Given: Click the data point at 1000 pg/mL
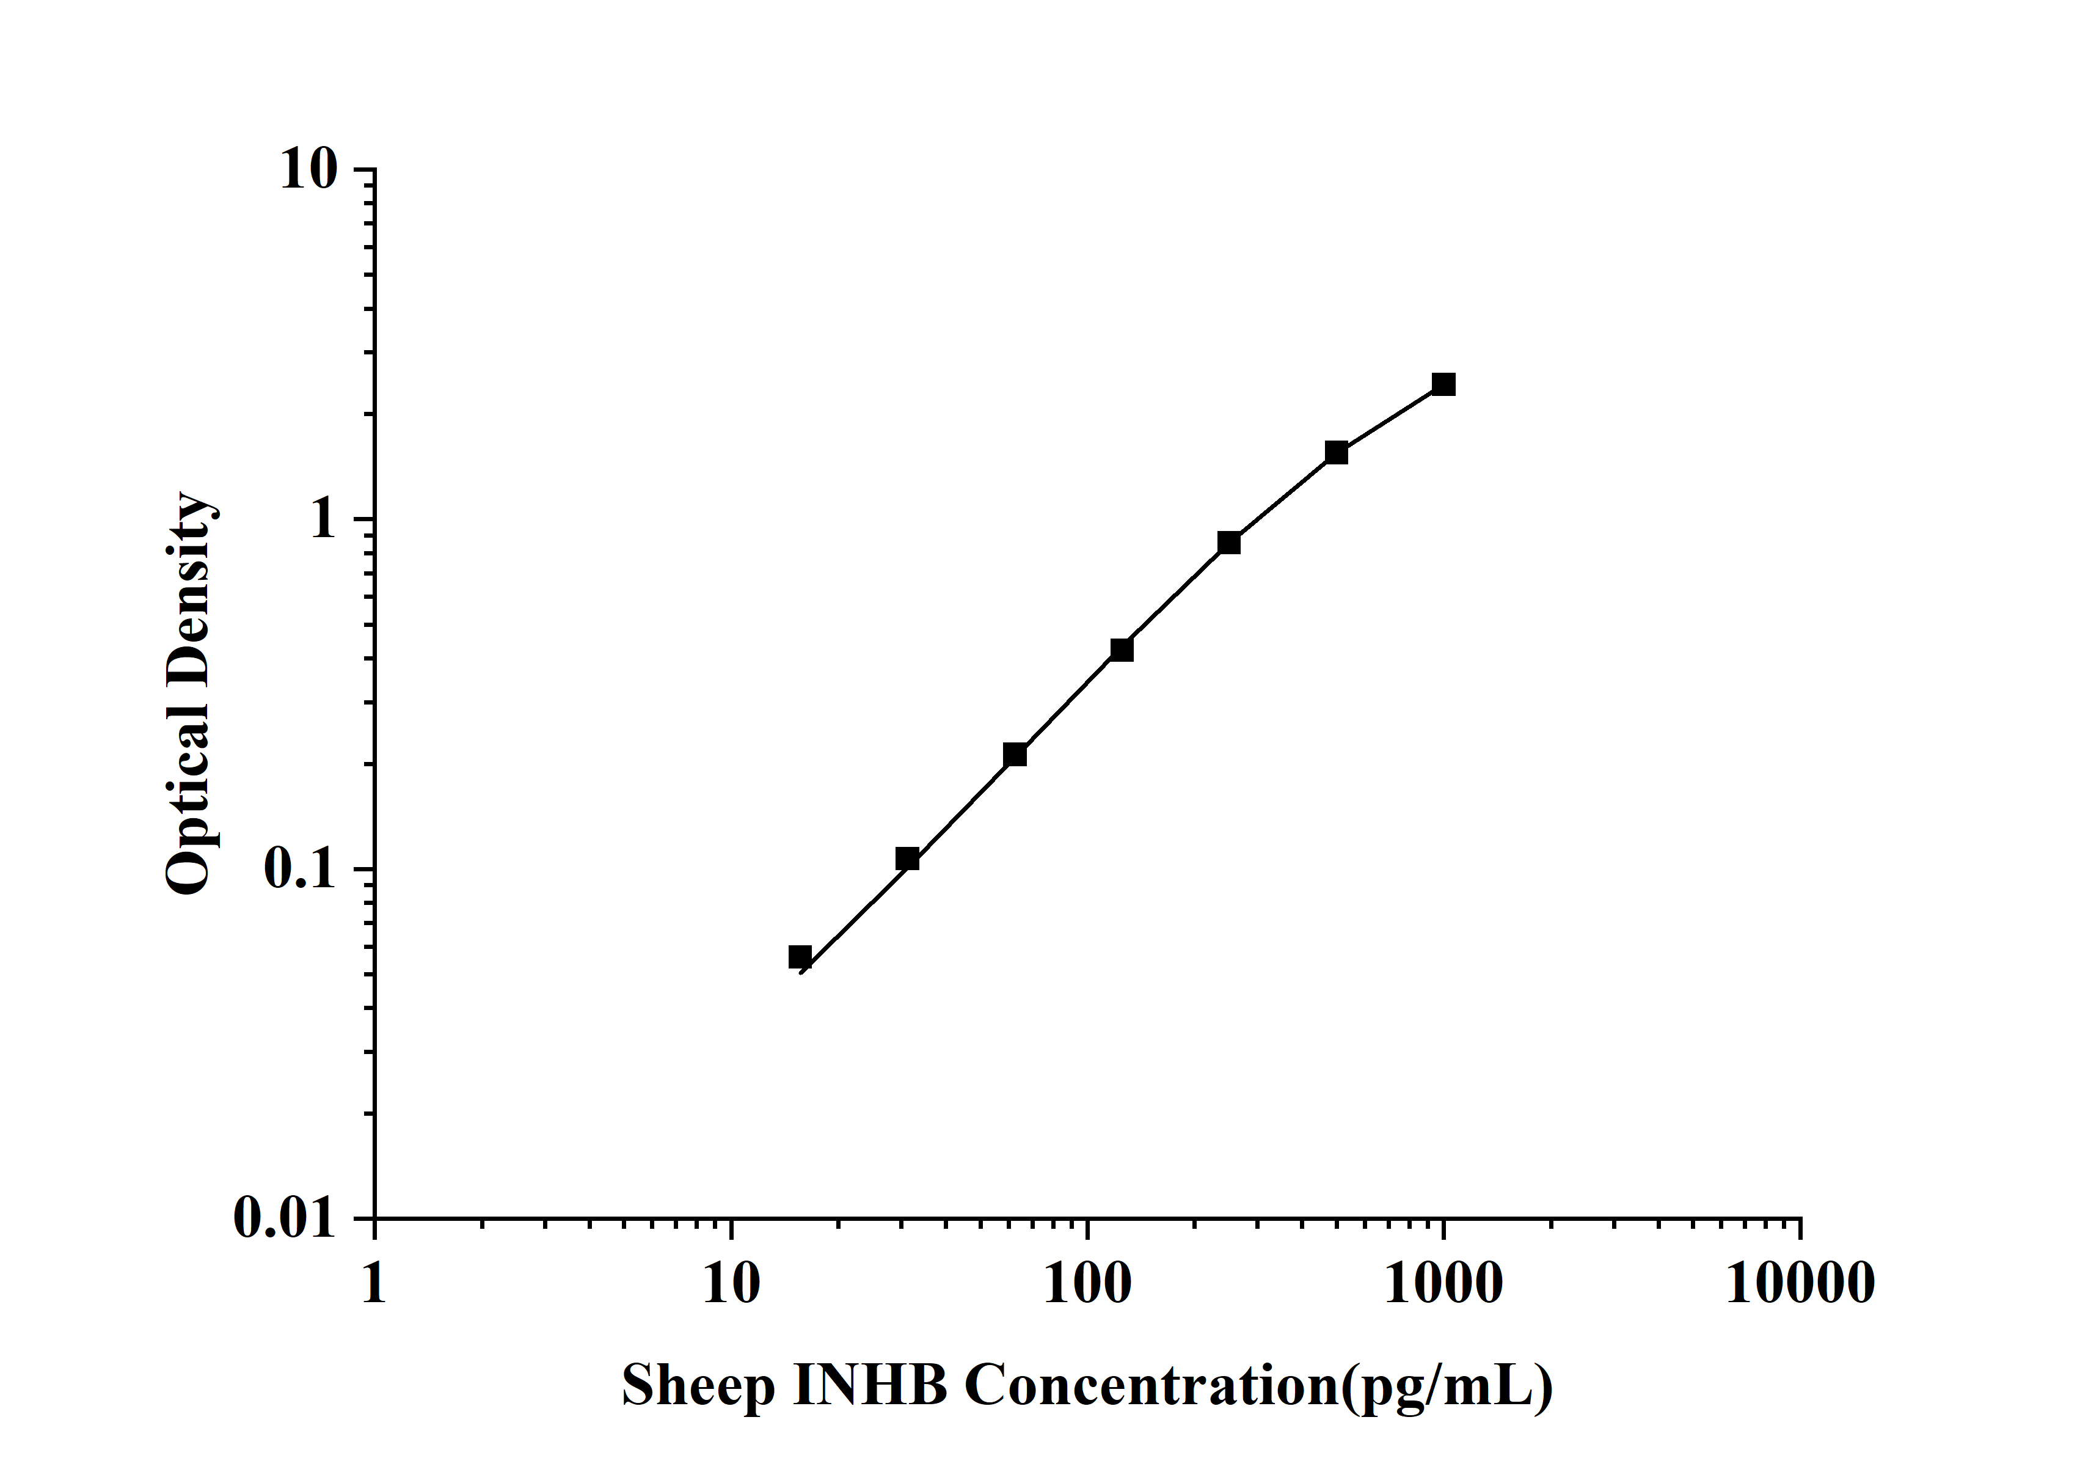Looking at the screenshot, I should click(1443, 384).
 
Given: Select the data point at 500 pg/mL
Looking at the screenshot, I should click(1336, 453).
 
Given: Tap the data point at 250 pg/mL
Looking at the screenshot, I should click(1228, 543).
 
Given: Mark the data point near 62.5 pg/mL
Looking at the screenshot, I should click(1015, 754).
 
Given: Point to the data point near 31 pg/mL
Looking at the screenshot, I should click(907, 859).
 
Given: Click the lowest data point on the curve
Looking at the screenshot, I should click(800, 956).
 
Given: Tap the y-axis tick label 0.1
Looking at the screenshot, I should click(299, 869).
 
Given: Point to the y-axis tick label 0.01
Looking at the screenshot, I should click(284, 1218).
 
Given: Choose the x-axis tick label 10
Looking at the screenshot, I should click(731, 1284).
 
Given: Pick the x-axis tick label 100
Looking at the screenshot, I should click(1087, 1284).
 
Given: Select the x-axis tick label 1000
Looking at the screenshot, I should click(1443, 1284).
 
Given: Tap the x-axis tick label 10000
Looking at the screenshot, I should click(1800, 1284).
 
